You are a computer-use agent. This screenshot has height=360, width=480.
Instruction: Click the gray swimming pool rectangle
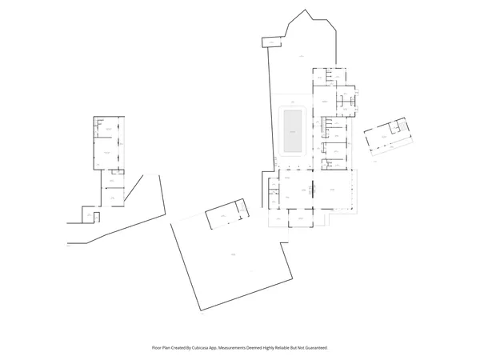pyautogui.click(x=293, y=130)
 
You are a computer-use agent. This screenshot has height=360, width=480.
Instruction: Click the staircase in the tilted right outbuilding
pyautogui.click(x=396, y=127)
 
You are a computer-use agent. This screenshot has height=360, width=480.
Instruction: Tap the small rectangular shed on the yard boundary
pyautogui.click(x=272, y=42)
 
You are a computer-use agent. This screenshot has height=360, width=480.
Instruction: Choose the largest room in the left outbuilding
pyautogui.click(x=105, y=151)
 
